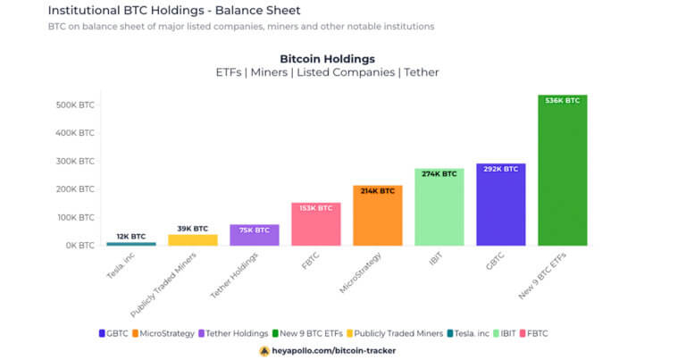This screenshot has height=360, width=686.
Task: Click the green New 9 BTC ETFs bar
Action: pyautogui.click(x=562, y=170)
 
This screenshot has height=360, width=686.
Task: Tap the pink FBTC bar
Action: pyautogui.click(x=315, y=224)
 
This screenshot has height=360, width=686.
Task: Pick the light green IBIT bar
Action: pyautogui.click(x=439, y=206)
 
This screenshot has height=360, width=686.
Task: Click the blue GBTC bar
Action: pyautogui.click(x=500, y=205)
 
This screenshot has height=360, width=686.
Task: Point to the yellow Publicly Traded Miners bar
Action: pyautogui.click(x=192, y=239)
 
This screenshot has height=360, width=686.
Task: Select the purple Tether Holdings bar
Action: pyautogui.click(x=254, y=235)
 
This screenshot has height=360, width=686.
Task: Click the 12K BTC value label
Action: pyautogui.click(x=130, y=237)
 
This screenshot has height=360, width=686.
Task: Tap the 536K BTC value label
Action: pyautogui.click(x=562, y=101)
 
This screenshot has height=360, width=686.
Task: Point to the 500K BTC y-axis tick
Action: pyautogui.click(x=74, y=105)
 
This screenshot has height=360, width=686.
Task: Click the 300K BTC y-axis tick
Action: pyautogui.click(x=74, y=162)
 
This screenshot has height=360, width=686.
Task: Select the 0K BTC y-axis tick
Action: pyautogui.click(x=77, y=246)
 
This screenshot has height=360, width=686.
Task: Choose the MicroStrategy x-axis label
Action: pyautogui.click(x=357, y=272)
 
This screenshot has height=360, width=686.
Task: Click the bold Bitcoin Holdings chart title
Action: pyautogui.click(x=327, y=59)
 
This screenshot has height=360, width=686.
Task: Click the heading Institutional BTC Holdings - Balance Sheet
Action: pyautogui.click(x=174, y=11)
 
